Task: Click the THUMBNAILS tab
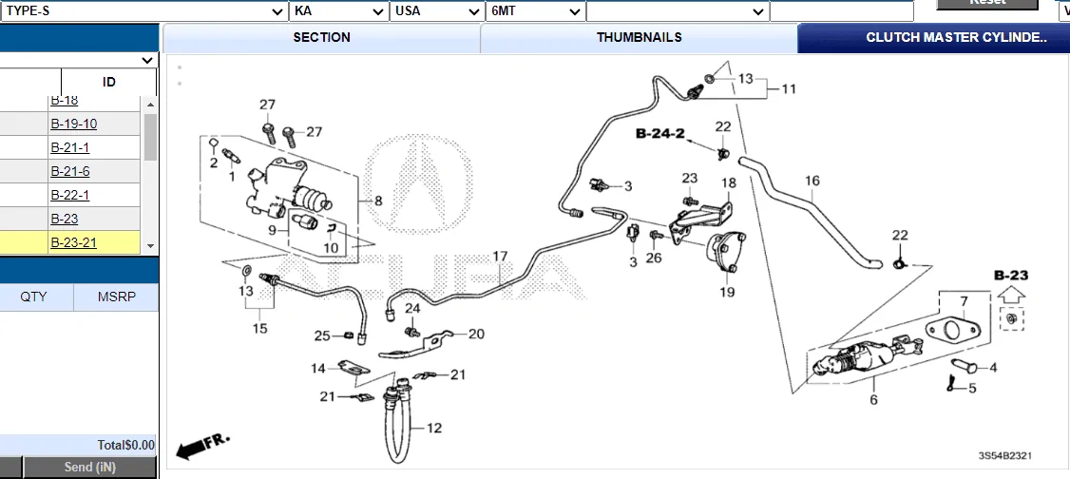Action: (x=639, y=38)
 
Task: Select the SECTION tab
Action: (x=321, y=38)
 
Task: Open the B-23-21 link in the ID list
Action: (x=73, y=242)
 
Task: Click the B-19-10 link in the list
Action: (x=73, y=124)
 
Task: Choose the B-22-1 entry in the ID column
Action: (x=69, y=195)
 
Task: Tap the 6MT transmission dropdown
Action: (x=534, y=11)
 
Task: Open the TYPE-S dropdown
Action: (x=144, y=11)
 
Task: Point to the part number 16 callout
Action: (x=812, y=181)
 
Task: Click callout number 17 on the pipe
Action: (x=500, y=257)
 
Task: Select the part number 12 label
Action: (x=433, y=429)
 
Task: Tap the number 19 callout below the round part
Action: (x=727, y=293)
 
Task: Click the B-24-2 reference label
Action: (x=660, y=135)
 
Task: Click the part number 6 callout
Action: (x=873, y=400)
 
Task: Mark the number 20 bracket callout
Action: (x=476, y=334)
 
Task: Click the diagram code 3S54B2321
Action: (x=1005, y=456)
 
